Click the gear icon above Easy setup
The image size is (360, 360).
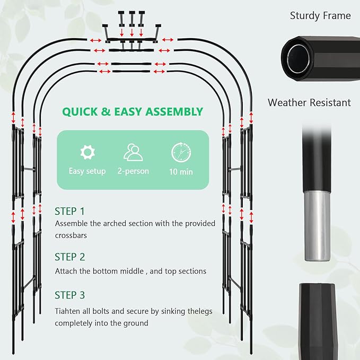tap(87, 152)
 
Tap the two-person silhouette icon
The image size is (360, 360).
tap(133, 152)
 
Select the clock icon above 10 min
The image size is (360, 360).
tap(181, 152)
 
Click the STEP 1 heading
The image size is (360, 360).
tap(69, 211)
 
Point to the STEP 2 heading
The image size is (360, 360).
tap(69, 257)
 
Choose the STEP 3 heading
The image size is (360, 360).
tap(69, 295)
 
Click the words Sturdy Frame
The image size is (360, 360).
tap(320, 15)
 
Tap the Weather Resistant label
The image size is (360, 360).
tap(309, 102)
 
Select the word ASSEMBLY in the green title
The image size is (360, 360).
tap(174, 111)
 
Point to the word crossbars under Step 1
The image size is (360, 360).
tap(71, 235)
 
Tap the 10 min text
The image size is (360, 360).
tap(181, 172)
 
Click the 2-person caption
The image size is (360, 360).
tap(133, 171)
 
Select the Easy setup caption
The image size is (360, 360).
tap(87, 171)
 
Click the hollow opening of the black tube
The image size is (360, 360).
tap(298, 58)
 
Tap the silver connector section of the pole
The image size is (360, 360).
tap(318, 226)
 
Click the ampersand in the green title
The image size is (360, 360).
tap(106, 112)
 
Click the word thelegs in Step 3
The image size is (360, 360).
tap(200, 311)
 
